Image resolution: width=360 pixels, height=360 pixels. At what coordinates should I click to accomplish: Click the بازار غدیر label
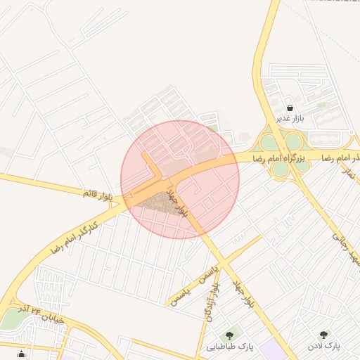pos(289,118)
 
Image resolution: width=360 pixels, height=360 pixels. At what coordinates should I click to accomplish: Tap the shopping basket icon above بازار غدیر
pos(290,108)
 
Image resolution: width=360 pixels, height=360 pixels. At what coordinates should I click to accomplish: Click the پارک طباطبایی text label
pos(230,347)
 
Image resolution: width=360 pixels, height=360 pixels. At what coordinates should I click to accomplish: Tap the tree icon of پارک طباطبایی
pos(229,335)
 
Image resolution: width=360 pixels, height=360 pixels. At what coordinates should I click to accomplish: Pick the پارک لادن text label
pos(323,347)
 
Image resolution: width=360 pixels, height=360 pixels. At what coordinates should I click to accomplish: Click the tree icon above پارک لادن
pos(323,335)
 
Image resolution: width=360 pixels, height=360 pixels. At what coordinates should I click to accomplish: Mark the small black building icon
pos(21,353)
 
